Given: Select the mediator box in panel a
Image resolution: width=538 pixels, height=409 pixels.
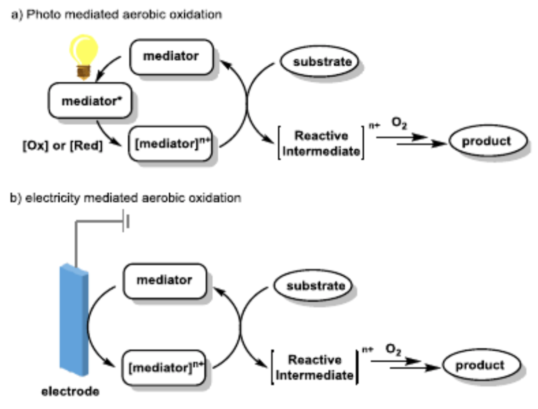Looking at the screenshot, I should (x=170, y=56).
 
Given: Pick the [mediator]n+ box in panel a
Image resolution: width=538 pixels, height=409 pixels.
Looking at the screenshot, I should (x=170, y=143).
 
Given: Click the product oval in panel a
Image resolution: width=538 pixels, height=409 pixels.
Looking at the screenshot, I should (x=486, y=141).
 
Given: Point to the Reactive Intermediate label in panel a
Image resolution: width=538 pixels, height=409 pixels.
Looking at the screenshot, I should (x=321, y=143).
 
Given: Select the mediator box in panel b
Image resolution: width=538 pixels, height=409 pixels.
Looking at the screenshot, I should (x=164, y=280).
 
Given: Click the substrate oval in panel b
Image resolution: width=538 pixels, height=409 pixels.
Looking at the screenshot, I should (x=312, y=286).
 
